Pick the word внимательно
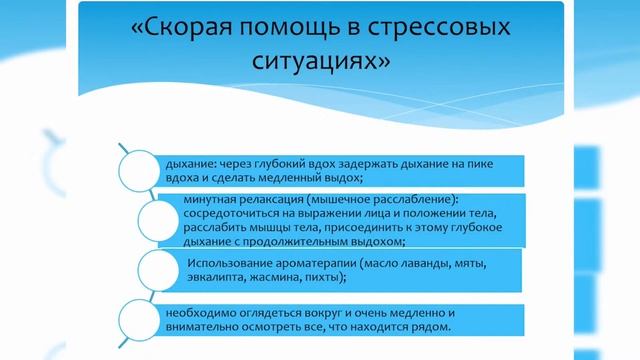coord(188,327)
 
